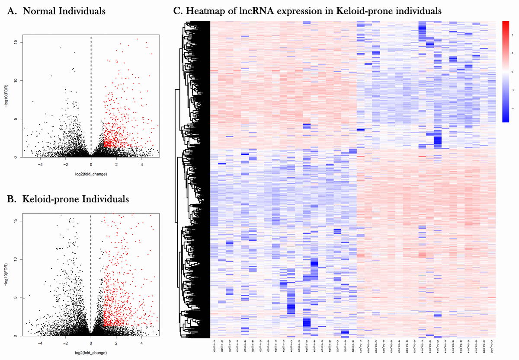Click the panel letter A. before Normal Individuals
tap(13, 12)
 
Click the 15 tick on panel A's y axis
tap(16, 42)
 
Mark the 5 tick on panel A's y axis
tap(16, 119)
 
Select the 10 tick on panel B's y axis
tap(16, 259)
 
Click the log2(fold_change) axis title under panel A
tap(91, 174)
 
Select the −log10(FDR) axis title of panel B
tap(6, 276)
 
